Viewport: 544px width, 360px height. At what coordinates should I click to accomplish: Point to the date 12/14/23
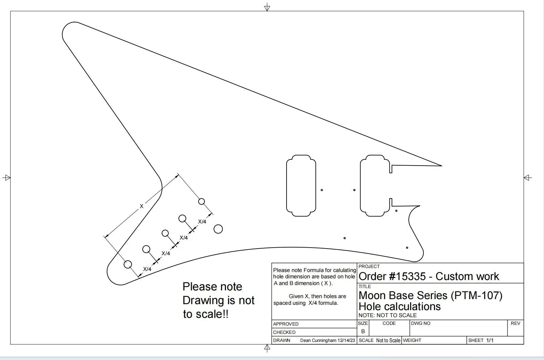tap(346, 340)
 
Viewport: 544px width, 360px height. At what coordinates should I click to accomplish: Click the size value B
tap(363, 331)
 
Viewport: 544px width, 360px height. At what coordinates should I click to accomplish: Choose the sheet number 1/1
tap(490, 340)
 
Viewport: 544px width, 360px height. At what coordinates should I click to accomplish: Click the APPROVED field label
tap(286, 324)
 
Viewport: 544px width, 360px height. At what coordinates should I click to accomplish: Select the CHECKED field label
tap(284, 332)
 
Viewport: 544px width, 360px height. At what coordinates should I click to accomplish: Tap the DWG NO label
tap(420, 323)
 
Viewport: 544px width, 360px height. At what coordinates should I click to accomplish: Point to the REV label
tap(515, 323)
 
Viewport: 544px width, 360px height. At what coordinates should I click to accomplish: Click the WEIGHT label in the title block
tap(412, 340)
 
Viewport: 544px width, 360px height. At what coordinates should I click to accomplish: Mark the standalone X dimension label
tap(142, 206)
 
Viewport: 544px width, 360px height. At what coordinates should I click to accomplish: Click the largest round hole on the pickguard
tap(218, 229)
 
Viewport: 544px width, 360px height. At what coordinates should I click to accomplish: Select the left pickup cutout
tap(287, 186)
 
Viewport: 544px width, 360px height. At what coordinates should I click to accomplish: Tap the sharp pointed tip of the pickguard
tap(442, 166)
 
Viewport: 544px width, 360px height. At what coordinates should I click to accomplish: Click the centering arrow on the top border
tap(267, 7)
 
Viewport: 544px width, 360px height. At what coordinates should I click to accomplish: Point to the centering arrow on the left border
tap(6, 178)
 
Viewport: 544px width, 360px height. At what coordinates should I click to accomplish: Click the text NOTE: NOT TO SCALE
tap(387, 315)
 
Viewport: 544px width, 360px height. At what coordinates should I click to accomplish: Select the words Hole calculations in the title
tap(399, 306)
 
